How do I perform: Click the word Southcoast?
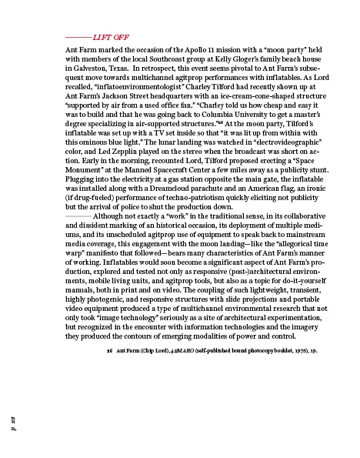click(158, 59)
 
